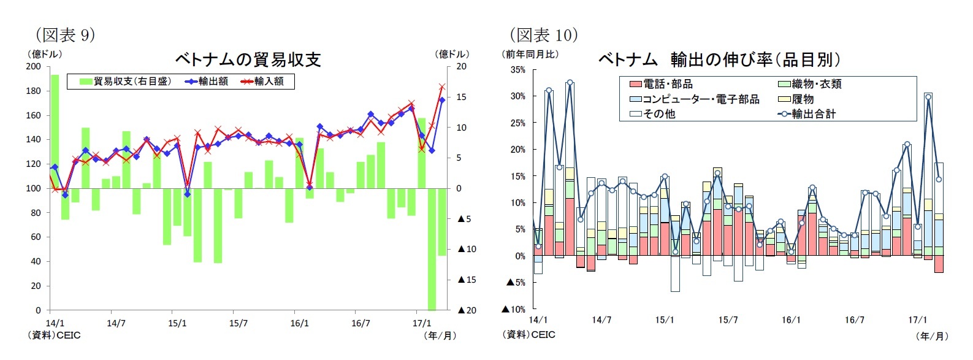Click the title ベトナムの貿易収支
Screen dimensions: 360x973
click(x=248, y=59)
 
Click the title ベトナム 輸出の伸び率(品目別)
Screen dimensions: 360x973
click(x=719, y=59)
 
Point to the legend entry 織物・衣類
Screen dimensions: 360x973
click(x=816, y=85)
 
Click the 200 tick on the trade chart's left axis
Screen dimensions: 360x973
click(x=34, y=66)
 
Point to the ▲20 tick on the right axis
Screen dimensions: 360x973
click(x=467, y=310)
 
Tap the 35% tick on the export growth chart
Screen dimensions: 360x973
click(x=518, y=70)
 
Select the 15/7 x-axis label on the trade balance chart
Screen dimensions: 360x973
click(x=238, y=323)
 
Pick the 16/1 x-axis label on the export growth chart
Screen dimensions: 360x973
click(x=791, y=320)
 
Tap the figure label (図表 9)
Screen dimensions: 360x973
click(x=66, y=35)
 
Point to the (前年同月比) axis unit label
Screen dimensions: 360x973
click(x=530, y=54)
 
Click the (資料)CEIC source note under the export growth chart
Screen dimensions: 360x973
click(x=528, y=335)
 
